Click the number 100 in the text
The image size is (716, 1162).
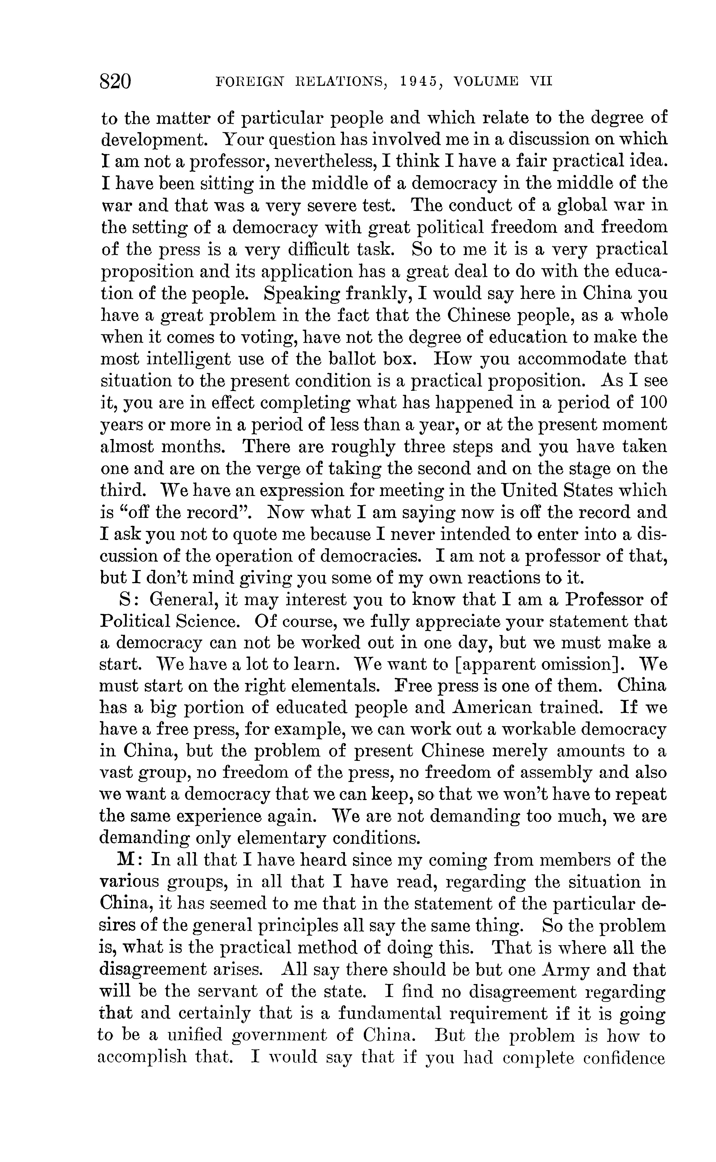(653, 403)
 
